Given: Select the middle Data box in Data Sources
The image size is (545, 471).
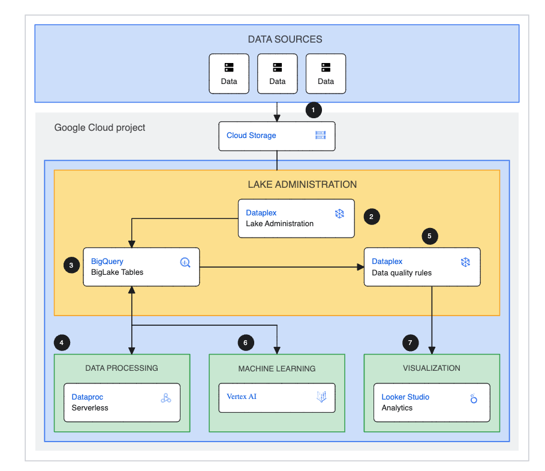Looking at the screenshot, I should (277, 74).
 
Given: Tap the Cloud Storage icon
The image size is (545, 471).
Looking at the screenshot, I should (321, 135).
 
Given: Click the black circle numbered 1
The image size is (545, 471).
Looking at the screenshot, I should (314, 110).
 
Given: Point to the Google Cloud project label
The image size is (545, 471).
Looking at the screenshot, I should (100, 127).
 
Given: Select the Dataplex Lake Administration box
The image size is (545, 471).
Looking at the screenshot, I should (296, 218).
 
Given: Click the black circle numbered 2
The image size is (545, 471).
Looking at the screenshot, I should (372, 217).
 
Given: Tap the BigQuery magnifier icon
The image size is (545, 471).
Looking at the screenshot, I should (185, 262).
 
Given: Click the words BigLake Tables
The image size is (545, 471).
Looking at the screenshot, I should (117, 272).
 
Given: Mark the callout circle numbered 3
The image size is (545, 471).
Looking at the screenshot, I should (71, 265).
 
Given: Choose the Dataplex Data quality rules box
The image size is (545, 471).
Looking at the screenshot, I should (422, 266).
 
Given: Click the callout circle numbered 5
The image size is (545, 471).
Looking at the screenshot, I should (429, 236).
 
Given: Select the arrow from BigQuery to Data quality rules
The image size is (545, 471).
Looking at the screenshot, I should (282, 266).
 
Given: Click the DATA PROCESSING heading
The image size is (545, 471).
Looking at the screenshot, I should (122, 368).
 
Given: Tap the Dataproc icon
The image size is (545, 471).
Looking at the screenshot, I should (166, 398).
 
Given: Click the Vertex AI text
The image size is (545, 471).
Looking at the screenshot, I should (242, 397).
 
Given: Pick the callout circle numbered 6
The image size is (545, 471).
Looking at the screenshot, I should (245, 343).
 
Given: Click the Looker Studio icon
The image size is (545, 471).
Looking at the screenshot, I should (472, 398).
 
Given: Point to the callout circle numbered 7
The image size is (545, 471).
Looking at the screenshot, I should (410, 343).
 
